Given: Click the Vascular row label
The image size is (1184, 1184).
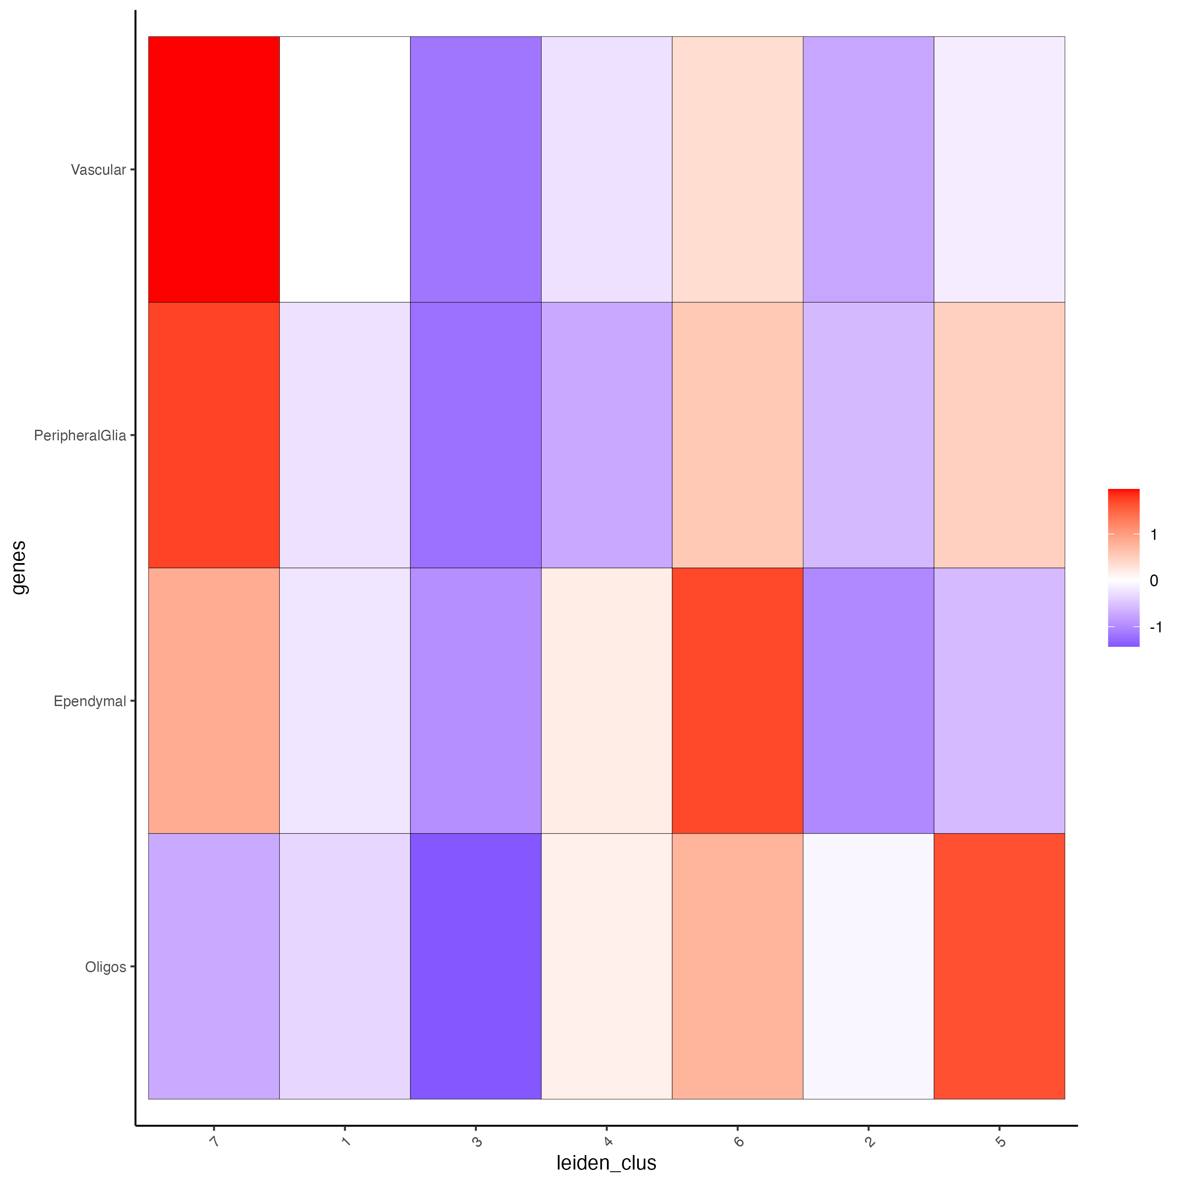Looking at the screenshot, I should (98, 170).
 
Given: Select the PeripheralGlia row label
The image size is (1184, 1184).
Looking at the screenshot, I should (80, 436).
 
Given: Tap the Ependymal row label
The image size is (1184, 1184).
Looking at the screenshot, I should (89, 701).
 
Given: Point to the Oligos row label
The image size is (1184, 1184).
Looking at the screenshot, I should (105, 967).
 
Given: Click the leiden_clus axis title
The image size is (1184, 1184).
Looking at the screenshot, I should (606, 1163).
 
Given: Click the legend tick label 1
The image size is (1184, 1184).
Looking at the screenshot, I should (1154, 535).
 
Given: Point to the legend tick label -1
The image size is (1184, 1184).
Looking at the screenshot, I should (1156, 627).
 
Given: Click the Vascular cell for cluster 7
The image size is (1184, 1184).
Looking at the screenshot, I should (214, 169).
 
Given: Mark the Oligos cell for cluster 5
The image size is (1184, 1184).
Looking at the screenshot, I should (999, 966).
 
